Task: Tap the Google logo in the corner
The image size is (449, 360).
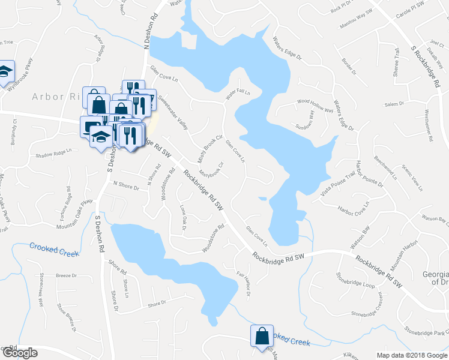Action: coord(19,353)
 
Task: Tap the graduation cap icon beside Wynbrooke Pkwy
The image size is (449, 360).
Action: coord(5,70)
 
